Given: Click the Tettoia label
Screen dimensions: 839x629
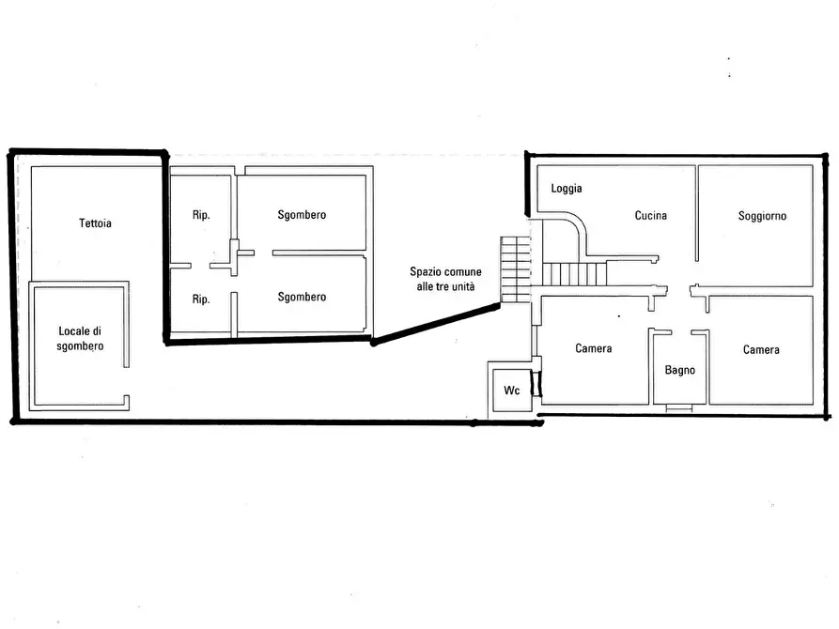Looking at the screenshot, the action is click(95, 223).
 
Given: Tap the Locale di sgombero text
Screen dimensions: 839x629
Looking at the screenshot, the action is click(80, 339).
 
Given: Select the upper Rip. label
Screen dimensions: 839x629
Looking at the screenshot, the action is click(201, 214).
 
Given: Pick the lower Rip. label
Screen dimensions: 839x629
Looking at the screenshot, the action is click(201, 299).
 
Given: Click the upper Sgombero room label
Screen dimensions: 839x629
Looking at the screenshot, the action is click(302, 215).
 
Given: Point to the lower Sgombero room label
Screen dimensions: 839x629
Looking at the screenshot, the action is click(302, 298).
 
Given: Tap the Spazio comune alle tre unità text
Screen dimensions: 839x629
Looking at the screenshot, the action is click(445, 279).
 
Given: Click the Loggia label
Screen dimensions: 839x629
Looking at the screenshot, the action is click(567, 189).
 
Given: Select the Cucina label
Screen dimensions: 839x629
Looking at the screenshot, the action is click(651, 216).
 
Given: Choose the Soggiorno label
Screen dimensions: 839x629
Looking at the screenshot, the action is click(763, 216).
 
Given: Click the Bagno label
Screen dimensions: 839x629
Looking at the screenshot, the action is click(680, 370).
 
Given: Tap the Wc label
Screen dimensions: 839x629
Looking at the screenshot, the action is click(512, 391).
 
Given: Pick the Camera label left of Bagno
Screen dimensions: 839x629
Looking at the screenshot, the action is click(594, 348).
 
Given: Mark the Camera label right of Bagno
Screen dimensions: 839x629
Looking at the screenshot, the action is click(761, 350).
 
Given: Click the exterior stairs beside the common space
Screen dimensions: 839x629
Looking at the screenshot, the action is click(516, 269).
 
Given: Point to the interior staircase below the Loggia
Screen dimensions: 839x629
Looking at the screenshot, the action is click(575, 274).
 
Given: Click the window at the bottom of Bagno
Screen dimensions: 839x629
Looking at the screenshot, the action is click(679, 408).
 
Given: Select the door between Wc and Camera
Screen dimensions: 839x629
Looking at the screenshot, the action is click(536, 383).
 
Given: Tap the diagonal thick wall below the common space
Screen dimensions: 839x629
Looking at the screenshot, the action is click(436, 324).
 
